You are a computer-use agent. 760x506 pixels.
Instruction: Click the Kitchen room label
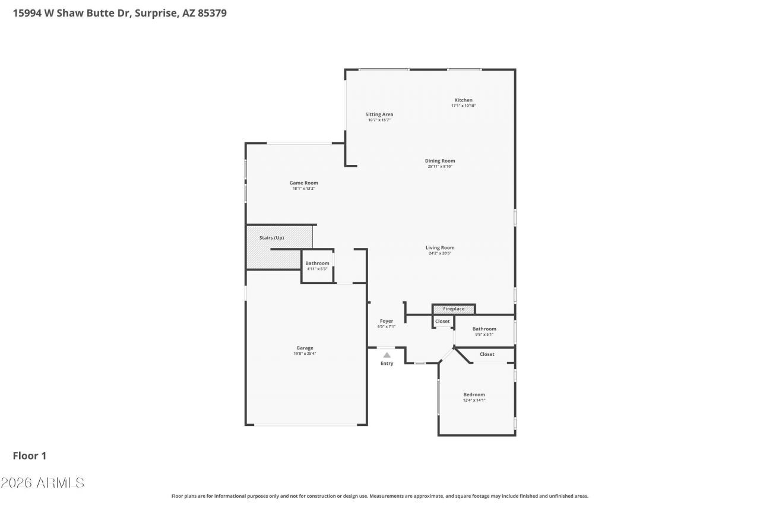[x=463, y=100]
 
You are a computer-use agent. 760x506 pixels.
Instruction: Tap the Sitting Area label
[x=379, y=114]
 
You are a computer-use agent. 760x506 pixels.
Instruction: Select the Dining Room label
[x=440, y=161]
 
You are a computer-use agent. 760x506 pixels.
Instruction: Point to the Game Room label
[x=303, y=183]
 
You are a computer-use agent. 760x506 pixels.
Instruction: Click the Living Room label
[x=439, y=248]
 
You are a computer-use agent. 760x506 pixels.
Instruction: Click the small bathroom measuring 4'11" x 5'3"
[x=317, y=266]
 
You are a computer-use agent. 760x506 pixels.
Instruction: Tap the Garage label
[x=305, y=348]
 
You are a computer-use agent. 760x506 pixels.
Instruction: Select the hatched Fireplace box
[x=454, y=309]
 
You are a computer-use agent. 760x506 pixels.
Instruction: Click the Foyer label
[x=387, y=321]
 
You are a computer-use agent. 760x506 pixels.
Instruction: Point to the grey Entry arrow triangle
[x=387, y=355]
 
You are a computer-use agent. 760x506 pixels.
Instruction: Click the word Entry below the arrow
[x=387, y=364]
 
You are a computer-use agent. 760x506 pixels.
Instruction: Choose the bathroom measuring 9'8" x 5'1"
[x=484, y=331]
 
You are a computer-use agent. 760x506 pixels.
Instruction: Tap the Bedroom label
[x=474, y=394]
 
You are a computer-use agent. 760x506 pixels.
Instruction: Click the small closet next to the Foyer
[x=442, y=322]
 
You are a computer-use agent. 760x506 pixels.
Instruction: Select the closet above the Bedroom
[x=487, y=354]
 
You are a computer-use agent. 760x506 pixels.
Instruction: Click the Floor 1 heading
[x=30, y=456]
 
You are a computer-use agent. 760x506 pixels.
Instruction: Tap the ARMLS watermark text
[x=42, y=483]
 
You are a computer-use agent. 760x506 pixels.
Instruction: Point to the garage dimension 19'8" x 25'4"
[x=305, y=354]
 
